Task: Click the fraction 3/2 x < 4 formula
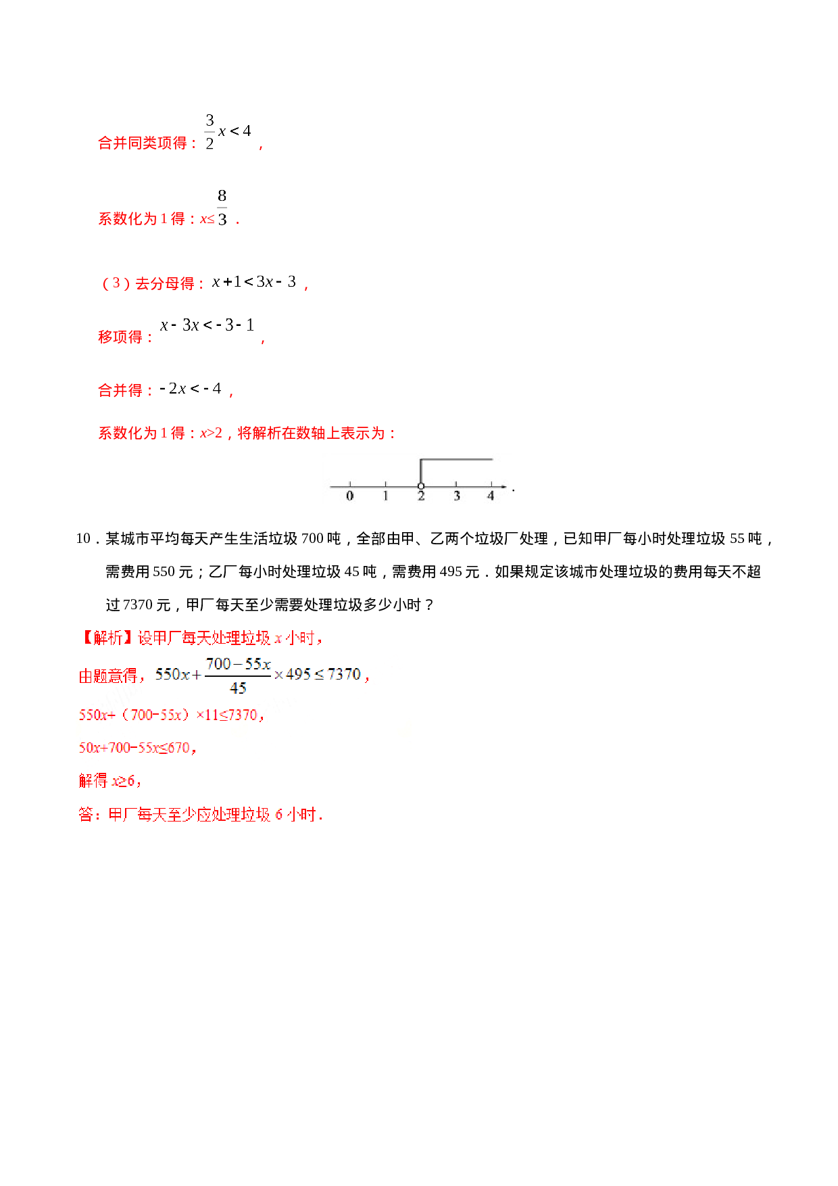pos(227,131)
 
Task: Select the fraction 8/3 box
pos(222,206)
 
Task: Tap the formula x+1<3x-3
pos(253,281)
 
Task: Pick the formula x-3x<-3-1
pos(206,325)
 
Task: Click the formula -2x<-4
pos(190,388)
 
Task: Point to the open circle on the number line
pos(421,485)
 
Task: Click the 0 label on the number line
pos(349,496)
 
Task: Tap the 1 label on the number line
pos(385,496)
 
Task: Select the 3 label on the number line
pos(457,496)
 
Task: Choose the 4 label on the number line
pos(491,496)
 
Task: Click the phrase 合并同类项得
pos(143,143)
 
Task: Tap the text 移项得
pos(120,337)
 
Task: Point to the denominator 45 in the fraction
pos(238,688)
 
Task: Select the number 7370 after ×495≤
pos(344,674)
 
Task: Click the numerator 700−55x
pos(238,664)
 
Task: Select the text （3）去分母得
pos(148,283)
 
